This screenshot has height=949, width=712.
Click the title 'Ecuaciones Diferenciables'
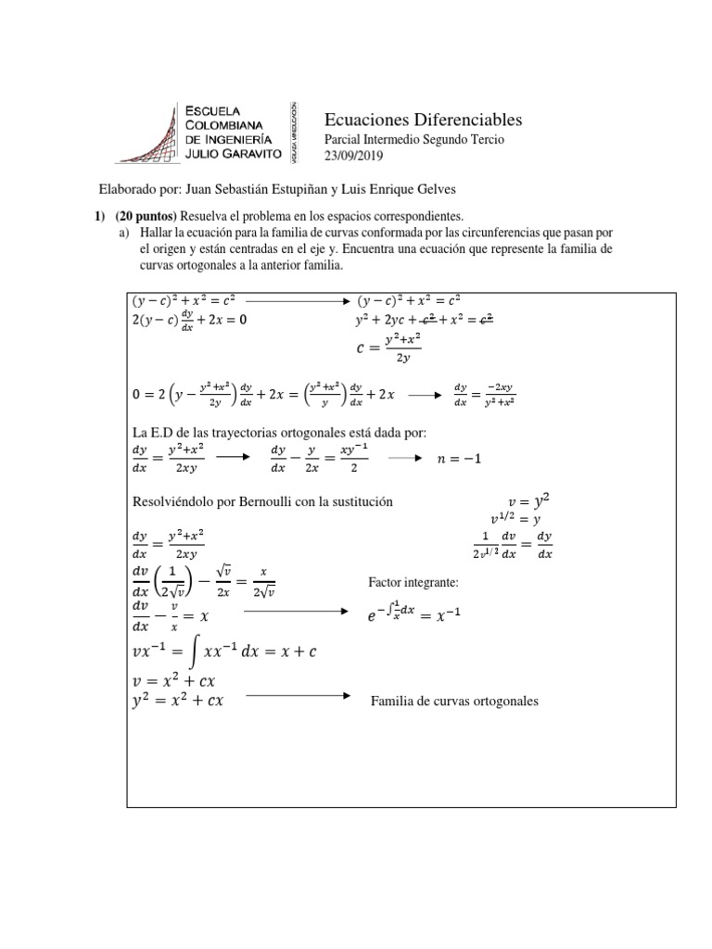click(423, 120)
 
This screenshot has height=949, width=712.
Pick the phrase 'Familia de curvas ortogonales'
click(453, 701)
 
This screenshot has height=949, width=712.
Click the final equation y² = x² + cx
click(178, 701)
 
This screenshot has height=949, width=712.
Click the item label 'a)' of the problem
click(123, 233)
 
